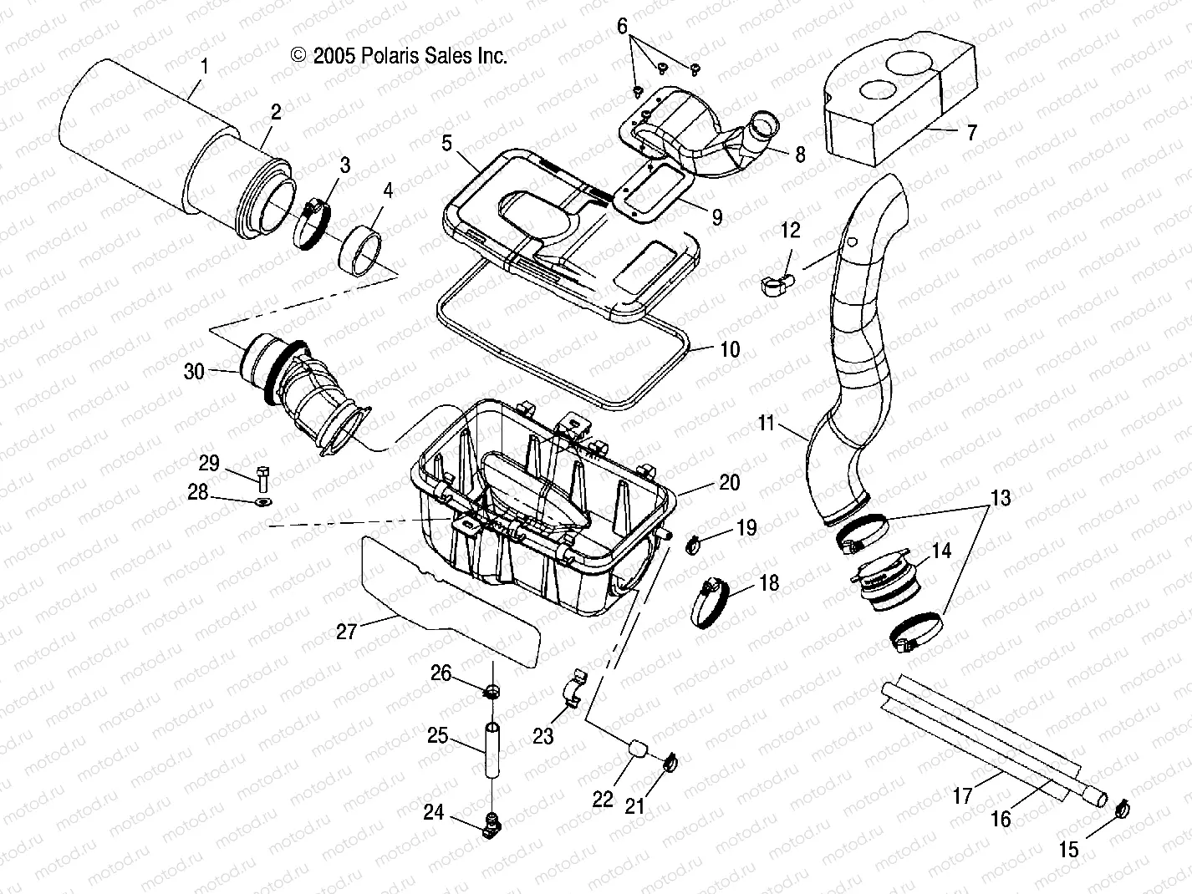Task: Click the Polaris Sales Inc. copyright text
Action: click(x=399, y=56)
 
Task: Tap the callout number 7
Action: click(x=970, y=133)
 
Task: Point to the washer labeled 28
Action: click(x=262, y=502)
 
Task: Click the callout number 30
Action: click(x=193, y=370)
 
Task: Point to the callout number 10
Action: click(x=730, y=349)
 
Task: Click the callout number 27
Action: click(x=346, y=632)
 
